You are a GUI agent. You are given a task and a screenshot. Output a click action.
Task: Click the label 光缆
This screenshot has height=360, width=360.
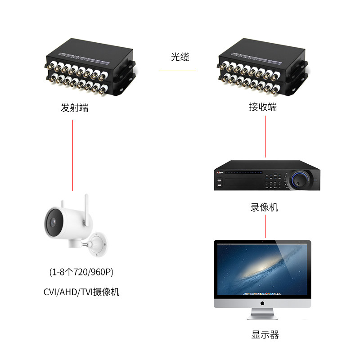tap(180, 57)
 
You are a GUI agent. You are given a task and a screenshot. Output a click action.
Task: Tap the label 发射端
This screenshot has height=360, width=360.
tap(74, 108)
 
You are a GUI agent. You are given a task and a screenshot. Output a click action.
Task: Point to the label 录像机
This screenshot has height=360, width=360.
tap(264, 207)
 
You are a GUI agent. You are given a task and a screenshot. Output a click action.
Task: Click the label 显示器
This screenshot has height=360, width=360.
tap(265, 335)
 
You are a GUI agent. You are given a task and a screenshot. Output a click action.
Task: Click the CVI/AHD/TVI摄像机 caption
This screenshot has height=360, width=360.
tap(81, 292)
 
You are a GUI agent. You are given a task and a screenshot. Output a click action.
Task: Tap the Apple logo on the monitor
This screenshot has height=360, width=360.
tap(262, 304)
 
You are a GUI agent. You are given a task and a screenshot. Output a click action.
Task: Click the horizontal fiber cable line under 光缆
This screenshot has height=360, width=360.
tap(177, 71)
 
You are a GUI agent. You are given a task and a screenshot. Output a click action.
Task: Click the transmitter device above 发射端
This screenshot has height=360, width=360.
tap(90, 72)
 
